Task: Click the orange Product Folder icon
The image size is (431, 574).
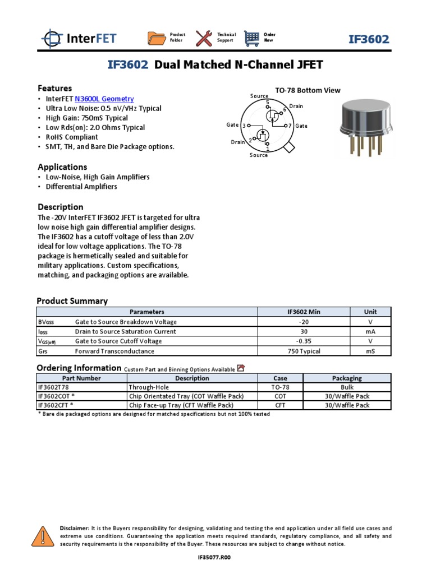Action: point(157,38)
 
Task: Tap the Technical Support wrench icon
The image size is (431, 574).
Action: point(204,38)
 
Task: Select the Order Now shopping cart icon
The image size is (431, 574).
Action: point(253,38)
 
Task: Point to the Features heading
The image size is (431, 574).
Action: point(54,88)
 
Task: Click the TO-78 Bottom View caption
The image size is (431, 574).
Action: point(308,90)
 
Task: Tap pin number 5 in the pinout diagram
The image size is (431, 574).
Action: point(267,102)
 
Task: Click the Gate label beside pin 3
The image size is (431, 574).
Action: point(232,125)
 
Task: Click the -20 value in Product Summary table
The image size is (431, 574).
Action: point(304,322)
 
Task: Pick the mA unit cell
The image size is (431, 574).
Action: point(370,331)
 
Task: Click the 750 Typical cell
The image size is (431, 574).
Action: point(304,351)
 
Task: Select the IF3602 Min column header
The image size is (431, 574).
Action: point(304,312)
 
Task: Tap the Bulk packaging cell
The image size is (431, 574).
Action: point(347,387)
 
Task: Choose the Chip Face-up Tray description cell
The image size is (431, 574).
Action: point(181,405)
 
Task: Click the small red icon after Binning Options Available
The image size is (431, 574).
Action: point(241,368)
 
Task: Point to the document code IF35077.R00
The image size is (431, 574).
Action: point(214,558)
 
